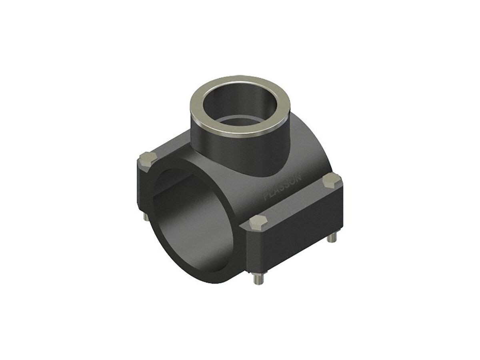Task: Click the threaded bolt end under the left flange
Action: (145, 218)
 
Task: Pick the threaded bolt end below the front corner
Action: (256, 279)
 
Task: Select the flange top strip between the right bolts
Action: (296, 200)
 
